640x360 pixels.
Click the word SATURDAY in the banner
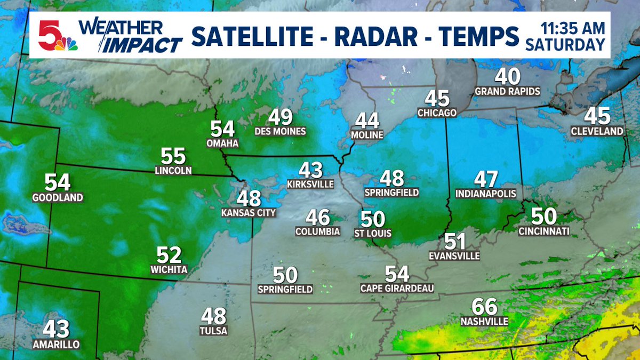point(565,45)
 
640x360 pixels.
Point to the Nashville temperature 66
point(484,307)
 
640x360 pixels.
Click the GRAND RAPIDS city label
point(507,91)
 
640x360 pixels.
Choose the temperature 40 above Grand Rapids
point(507,77)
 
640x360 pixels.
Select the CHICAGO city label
point(437,113)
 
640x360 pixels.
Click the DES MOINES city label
point(281,132)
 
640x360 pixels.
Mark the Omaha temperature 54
point(222,129)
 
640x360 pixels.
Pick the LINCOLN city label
point(173,171)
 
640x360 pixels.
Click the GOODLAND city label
point(57,198)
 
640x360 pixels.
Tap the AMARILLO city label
point(55,345)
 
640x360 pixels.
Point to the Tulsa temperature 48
point(214,317)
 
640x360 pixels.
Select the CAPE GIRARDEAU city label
point(397,289)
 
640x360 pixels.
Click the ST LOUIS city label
point(373,233)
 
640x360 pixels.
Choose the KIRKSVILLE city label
point(310,185)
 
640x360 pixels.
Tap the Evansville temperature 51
point(454,242)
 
